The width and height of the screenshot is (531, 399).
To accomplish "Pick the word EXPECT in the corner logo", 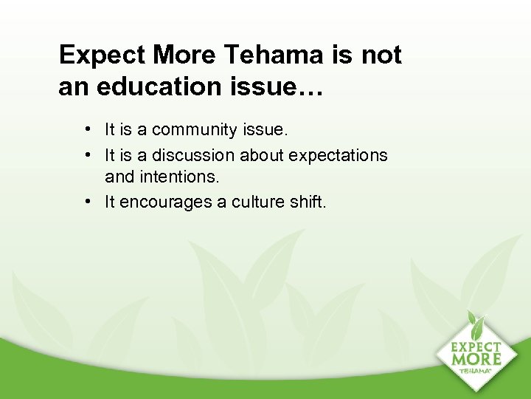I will pyautogui.click(x=476, y=346).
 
